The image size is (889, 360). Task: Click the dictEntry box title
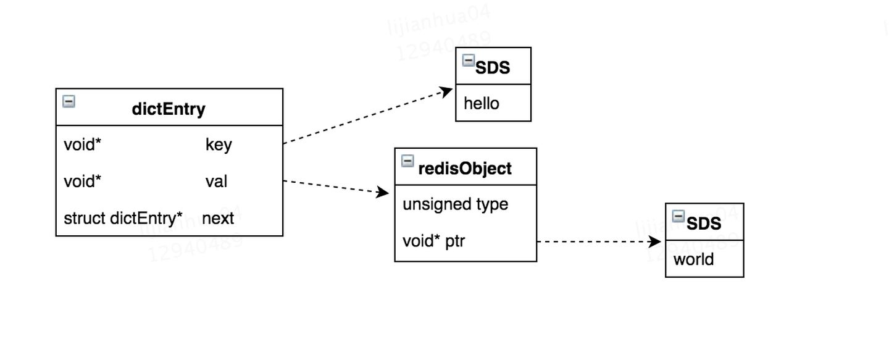click(169, 109)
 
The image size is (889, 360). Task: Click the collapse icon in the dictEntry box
click(69, 101)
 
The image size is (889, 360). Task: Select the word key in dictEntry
click(219, 144)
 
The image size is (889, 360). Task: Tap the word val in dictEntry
click(216, 182)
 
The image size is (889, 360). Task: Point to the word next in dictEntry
click(218, 218)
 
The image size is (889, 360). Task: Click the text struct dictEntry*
click(123, 218)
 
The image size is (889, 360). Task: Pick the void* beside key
click(82, 144)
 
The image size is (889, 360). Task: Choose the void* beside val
click(82, 182)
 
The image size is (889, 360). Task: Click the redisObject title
click(464, 168)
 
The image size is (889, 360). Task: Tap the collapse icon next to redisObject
click(407, 161)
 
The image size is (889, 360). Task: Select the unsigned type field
click(455, 204)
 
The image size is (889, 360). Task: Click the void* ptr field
click(433, 241)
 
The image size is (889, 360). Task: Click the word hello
click(481, 103)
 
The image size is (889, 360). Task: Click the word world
click(693, 259)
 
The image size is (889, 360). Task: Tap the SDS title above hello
click(493, 67)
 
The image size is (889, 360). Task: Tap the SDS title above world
click(703, 223)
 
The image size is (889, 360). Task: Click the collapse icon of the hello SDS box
click(469, 60)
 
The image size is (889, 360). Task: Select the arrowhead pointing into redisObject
click(383, 193)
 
